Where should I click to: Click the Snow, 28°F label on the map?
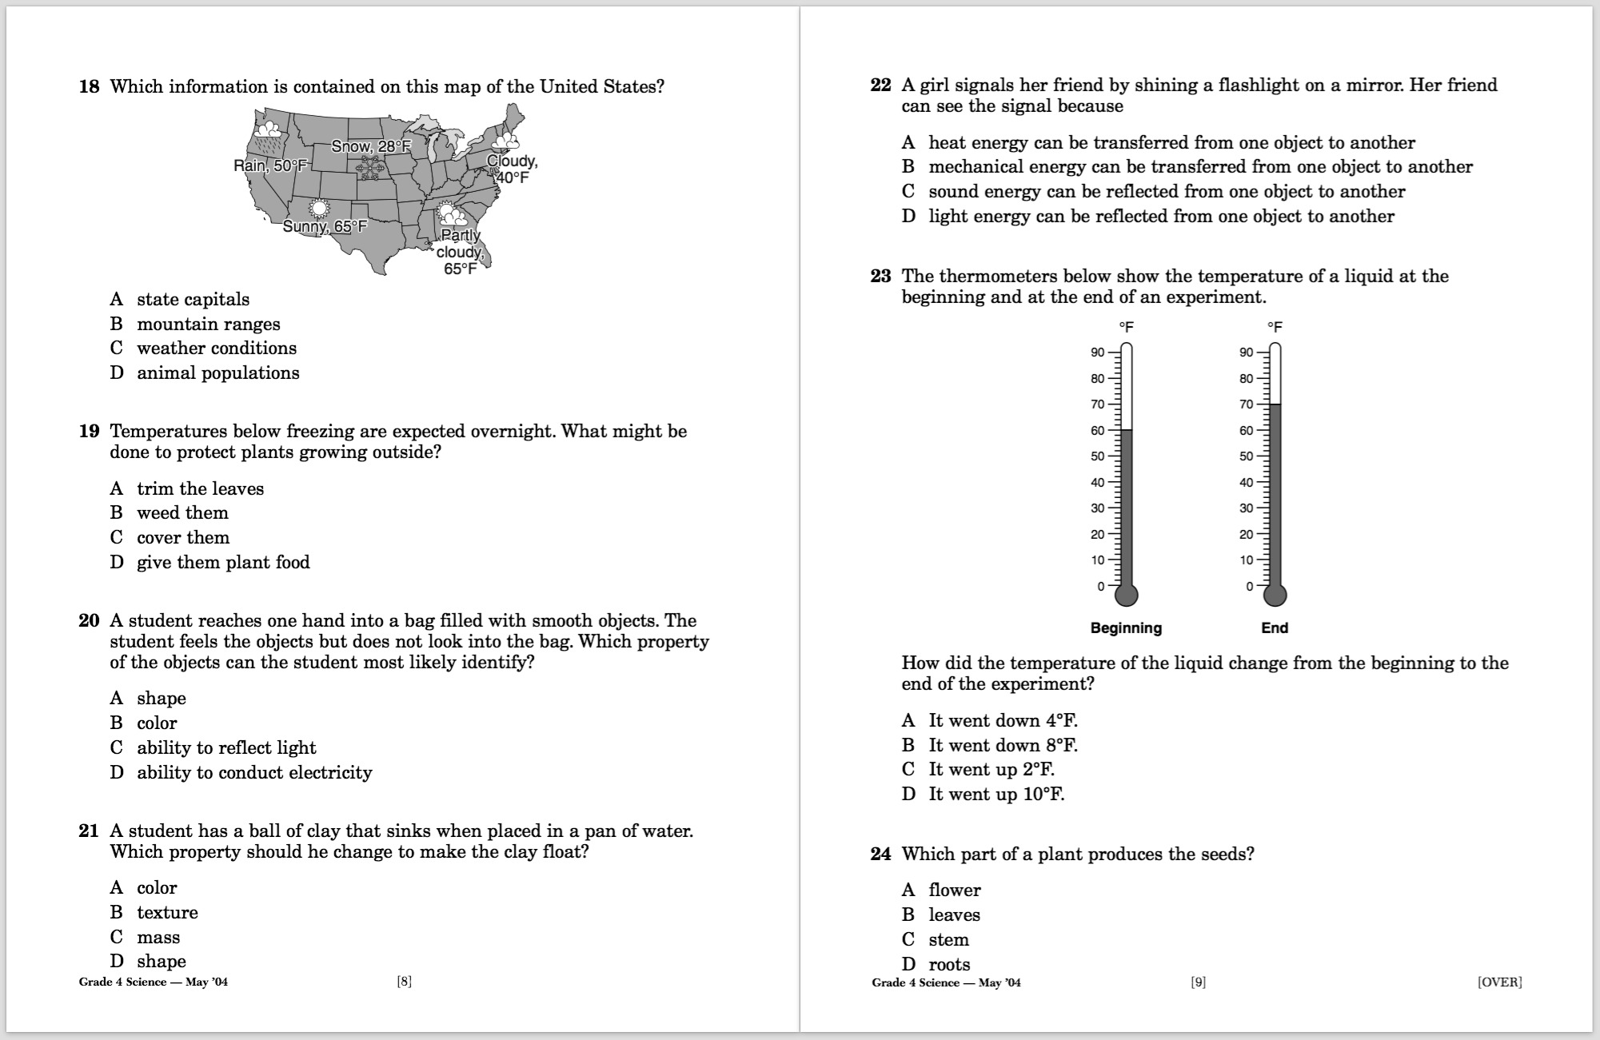(x=371, y=146)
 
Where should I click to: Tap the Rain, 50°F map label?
(x=270, y=165)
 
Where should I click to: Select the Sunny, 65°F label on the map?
(x=325, y=226)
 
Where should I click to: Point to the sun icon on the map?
(x=319, y=208)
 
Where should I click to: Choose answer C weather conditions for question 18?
(x=216, y=349)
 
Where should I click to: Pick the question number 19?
(x=89, y=432)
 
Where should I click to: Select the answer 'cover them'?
(x=183, y=538)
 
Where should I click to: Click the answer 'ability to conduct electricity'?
(x=254, y=773)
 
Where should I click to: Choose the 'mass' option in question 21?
(x=158, y=938)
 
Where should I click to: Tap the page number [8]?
(x=405, y=982)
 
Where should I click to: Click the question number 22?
(x=880, y=86)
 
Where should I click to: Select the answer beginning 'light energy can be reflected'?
(x=1161, y=217)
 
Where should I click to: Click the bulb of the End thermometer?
(x=1275, y=595)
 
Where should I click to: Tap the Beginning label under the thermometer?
(x=1126, y=628)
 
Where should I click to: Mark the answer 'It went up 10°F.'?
(x=996, y=795)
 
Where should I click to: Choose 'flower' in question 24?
(x=955, y=891)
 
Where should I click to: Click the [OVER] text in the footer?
(x=1499, y=982)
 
